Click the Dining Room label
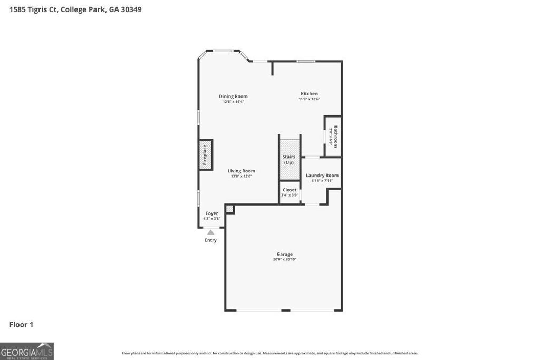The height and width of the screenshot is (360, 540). pos(233,96)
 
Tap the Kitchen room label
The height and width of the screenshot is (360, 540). pos(309,94)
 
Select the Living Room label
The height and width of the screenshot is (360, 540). pos(242,171)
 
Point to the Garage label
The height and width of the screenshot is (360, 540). pos(285,254)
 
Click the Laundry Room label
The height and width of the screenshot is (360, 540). pos(322,176)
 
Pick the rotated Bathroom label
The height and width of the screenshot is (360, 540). pos(335,136)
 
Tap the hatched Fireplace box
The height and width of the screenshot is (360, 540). pos(206,154)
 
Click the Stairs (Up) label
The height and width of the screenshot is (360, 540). pos(289,160)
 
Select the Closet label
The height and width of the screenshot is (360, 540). pos(290,190)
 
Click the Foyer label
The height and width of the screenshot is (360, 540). pos(211,213)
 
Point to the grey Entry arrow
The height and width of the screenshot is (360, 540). pos(211,232)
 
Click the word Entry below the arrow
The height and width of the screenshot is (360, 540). pos(210,240)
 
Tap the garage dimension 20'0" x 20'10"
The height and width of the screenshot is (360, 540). pos(285,259)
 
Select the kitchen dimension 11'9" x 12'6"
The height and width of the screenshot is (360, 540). pos(309,99)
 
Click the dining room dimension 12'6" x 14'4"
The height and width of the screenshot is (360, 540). pos(233,102)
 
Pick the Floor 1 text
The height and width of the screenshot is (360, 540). pos(21,325)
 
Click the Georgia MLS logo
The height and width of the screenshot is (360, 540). pos(27,351)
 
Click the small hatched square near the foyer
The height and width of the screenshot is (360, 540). pos(229,209)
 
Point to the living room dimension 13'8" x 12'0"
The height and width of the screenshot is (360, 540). pos(242,176)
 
